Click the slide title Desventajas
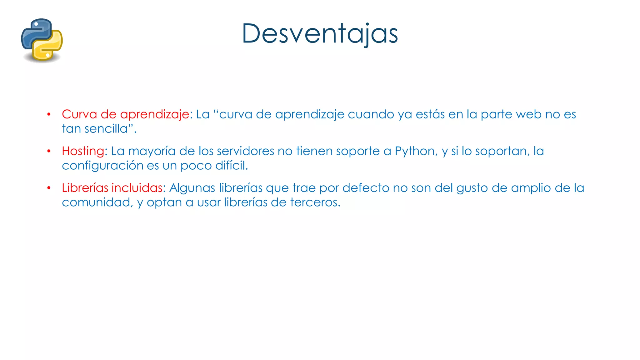(320, 34)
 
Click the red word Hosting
(83, 151)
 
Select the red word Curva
(79, 114)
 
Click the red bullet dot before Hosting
(49, 152)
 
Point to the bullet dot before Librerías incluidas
(49, 188)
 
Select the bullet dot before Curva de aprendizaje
(49, 115)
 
